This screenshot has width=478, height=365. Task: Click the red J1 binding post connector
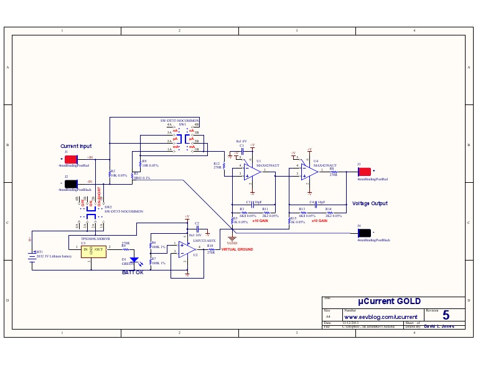click(72, 158)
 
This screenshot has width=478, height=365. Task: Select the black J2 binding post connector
click(72, 183)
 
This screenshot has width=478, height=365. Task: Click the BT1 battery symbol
click(32, 257)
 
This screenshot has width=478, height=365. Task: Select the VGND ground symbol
click(232, 238)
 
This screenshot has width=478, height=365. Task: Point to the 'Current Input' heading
click(75, 146)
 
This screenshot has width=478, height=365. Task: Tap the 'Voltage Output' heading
click(370, 203)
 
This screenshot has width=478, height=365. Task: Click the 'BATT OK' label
click(133, 272)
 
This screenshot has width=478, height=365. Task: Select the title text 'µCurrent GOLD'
click(384, 302)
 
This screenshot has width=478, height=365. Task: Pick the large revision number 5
click(446, 316)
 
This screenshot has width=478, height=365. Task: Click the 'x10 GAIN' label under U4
click(318, 221)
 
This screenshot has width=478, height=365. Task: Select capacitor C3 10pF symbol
click(253, 203)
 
